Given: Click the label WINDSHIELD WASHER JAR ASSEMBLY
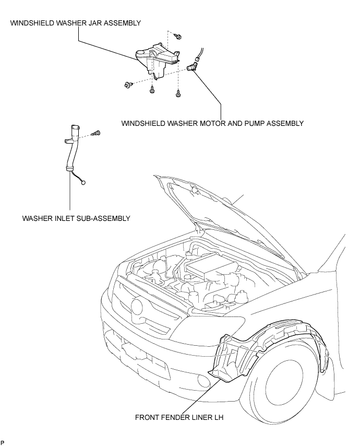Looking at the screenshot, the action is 76,23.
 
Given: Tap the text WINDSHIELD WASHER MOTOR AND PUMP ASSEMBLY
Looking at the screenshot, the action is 212,123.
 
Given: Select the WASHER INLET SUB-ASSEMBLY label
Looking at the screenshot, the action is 76,218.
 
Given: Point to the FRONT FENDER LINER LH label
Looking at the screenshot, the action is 179,417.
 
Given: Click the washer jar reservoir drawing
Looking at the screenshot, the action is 157,60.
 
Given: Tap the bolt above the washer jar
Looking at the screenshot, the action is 178,37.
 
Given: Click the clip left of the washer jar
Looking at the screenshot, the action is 128,85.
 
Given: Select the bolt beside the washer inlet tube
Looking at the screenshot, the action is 97,133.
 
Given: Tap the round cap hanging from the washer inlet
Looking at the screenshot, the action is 83,182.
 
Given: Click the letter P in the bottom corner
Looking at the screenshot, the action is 3,442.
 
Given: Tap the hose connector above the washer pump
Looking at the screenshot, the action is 196,59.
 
